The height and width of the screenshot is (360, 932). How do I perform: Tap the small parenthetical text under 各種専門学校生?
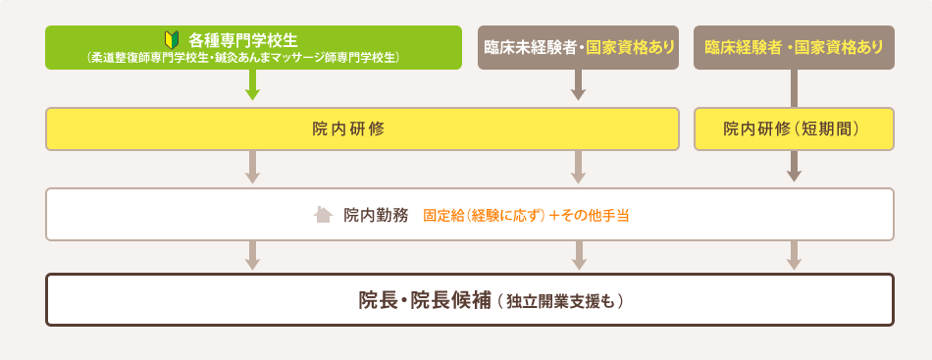(x=253, y=58)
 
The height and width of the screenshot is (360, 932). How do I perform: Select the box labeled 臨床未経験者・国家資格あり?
(x=579, y=47)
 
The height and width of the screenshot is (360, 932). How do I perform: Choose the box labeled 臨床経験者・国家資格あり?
(x=794, y=47)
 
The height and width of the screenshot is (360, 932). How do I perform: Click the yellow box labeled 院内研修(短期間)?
(x=794, y=129)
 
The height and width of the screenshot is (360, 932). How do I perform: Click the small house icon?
(x=323, y=214)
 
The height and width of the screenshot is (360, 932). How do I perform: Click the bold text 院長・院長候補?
(x=424, y=300)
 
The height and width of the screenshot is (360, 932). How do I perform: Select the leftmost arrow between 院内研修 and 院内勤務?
(x=252, y=169)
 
